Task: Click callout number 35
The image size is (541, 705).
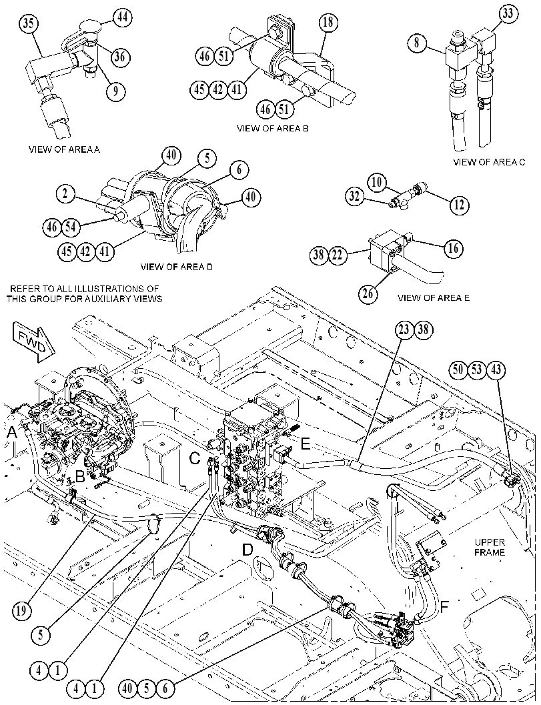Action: (x=28, y=23)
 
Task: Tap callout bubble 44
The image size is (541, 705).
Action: (x=121, y=17)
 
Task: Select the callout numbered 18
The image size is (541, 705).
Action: (x=329, y=21)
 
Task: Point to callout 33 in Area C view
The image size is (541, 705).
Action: (x=507, y=13)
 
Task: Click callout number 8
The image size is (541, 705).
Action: (x=418, y=43)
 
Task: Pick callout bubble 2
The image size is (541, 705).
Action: (x=65, y=194)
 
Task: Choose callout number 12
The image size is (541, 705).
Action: (x=460, y=205)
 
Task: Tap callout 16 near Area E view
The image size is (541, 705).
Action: (x=454, y=247)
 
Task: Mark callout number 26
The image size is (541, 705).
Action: (x=368, y=293)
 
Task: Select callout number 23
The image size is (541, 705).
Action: (x=404, y=329)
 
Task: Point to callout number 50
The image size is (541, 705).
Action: (x=458, y=370)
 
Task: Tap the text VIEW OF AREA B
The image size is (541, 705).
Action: (x=273, y=128)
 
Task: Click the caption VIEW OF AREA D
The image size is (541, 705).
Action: (x=177, y=267)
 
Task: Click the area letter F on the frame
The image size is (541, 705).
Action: (x=444, y=607)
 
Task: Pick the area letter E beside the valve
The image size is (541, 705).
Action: (x=306, y=444)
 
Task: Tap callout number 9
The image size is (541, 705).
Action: (x=115, y=91)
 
